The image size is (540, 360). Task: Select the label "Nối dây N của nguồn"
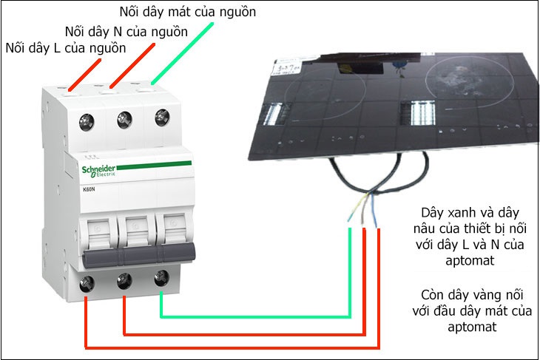[x=126, y=32]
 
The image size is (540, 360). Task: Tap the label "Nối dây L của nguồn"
[x=65, y=48]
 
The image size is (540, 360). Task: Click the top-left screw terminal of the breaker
[x=87, y=120]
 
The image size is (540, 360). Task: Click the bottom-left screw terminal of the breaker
[x=87, y=283]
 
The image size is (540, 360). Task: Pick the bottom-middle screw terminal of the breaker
[x=124, y=280]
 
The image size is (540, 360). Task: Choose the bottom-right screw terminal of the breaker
[x=160, y=278]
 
